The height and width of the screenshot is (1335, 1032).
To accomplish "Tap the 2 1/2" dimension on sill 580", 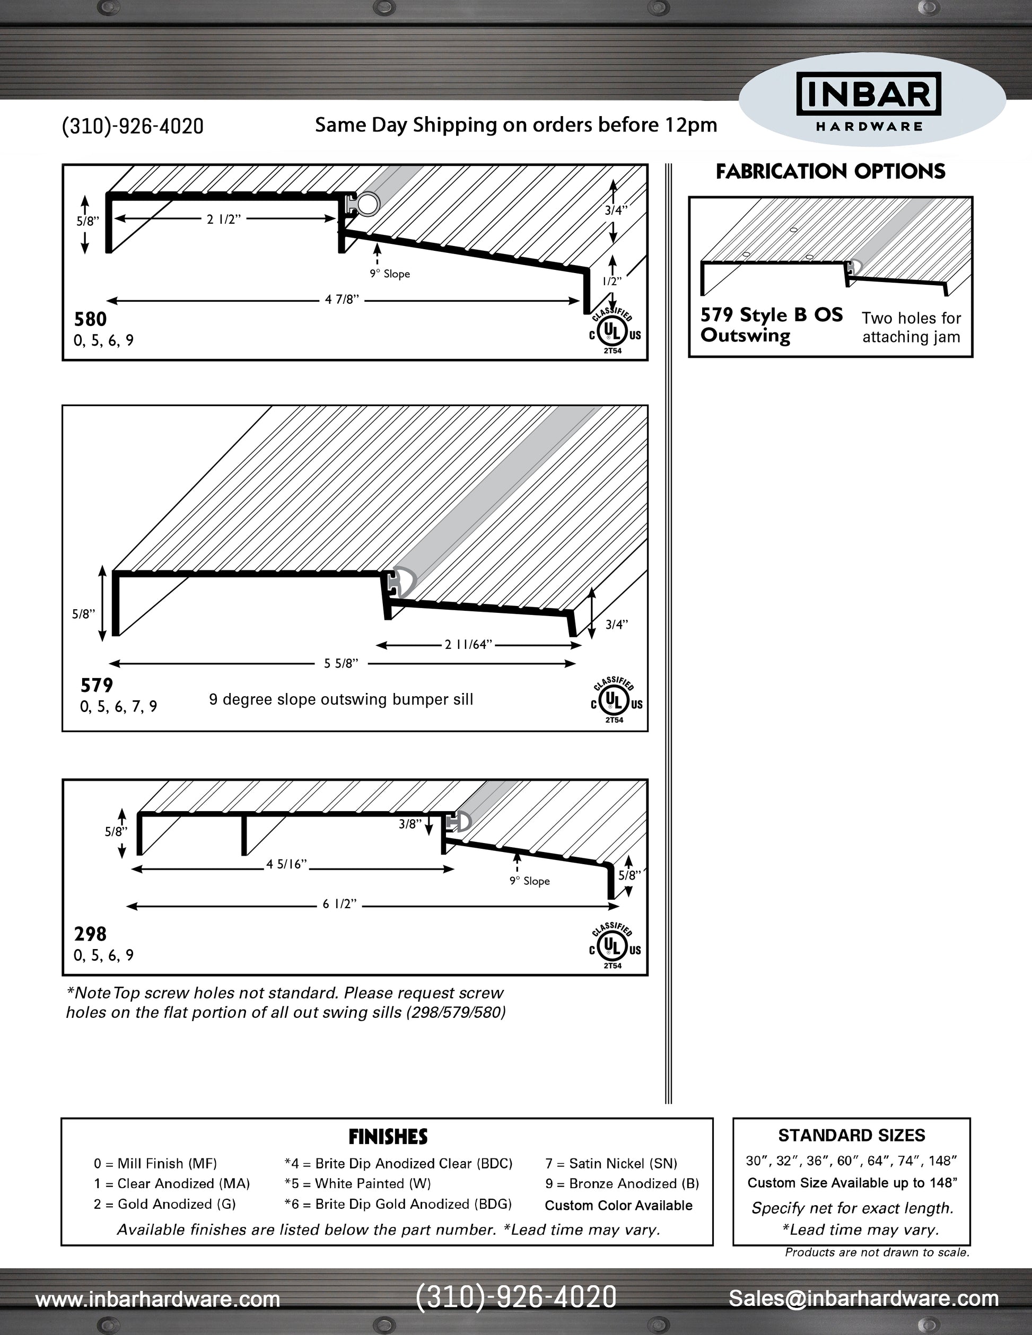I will [224, 219].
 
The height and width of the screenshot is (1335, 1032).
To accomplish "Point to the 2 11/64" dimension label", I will [468, 644].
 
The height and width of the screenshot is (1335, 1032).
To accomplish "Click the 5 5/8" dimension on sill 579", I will [341, 663].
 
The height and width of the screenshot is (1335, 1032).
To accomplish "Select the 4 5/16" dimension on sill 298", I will [286, 864].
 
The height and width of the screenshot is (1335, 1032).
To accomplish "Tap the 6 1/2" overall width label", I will [339, 904].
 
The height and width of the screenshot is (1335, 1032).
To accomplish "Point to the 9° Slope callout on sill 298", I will [529, 881].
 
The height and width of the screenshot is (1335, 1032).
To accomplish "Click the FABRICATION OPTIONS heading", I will [830, 172].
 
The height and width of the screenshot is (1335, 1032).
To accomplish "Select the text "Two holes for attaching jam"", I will [911, 327].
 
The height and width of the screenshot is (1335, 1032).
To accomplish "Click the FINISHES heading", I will [388, 1137].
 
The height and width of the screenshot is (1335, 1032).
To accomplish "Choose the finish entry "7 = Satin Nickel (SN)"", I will [611, 1163].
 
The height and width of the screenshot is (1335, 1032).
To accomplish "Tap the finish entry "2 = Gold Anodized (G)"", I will [164, 1204].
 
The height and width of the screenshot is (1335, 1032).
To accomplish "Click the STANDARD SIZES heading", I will [851, 1136].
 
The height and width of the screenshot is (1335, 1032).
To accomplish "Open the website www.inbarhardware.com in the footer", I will [158, 1299].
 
